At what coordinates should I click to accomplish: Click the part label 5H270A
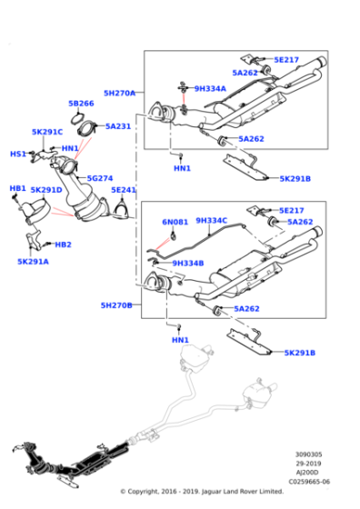[x=118, y=93]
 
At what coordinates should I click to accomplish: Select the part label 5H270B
[x=115, y=305]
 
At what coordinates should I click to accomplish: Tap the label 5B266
[x=81, y=104]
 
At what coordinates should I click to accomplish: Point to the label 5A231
[x=118, y=126]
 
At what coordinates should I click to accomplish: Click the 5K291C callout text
[x=47, y=132]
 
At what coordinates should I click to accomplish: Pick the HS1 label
[x=17, y=154]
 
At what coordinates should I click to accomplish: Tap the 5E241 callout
[x=124, y=190]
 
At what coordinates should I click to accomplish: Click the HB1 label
[x=17, y=188]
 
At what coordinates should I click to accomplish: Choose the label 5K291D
[x=45, y=190]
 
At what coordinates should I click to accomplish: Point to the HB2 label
[x=63, y=245]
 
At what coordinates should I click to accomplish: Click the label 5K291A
[x=33, y=261]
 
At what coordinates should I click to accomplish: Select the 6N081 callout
[x=175, y=221]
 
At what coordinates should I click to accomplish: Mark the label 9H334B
[x=187, y=264]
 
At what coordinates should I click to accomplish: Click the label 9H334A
[x=209, y=89]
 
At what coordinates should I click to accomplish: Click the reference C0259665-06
[x=309, y=483]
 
